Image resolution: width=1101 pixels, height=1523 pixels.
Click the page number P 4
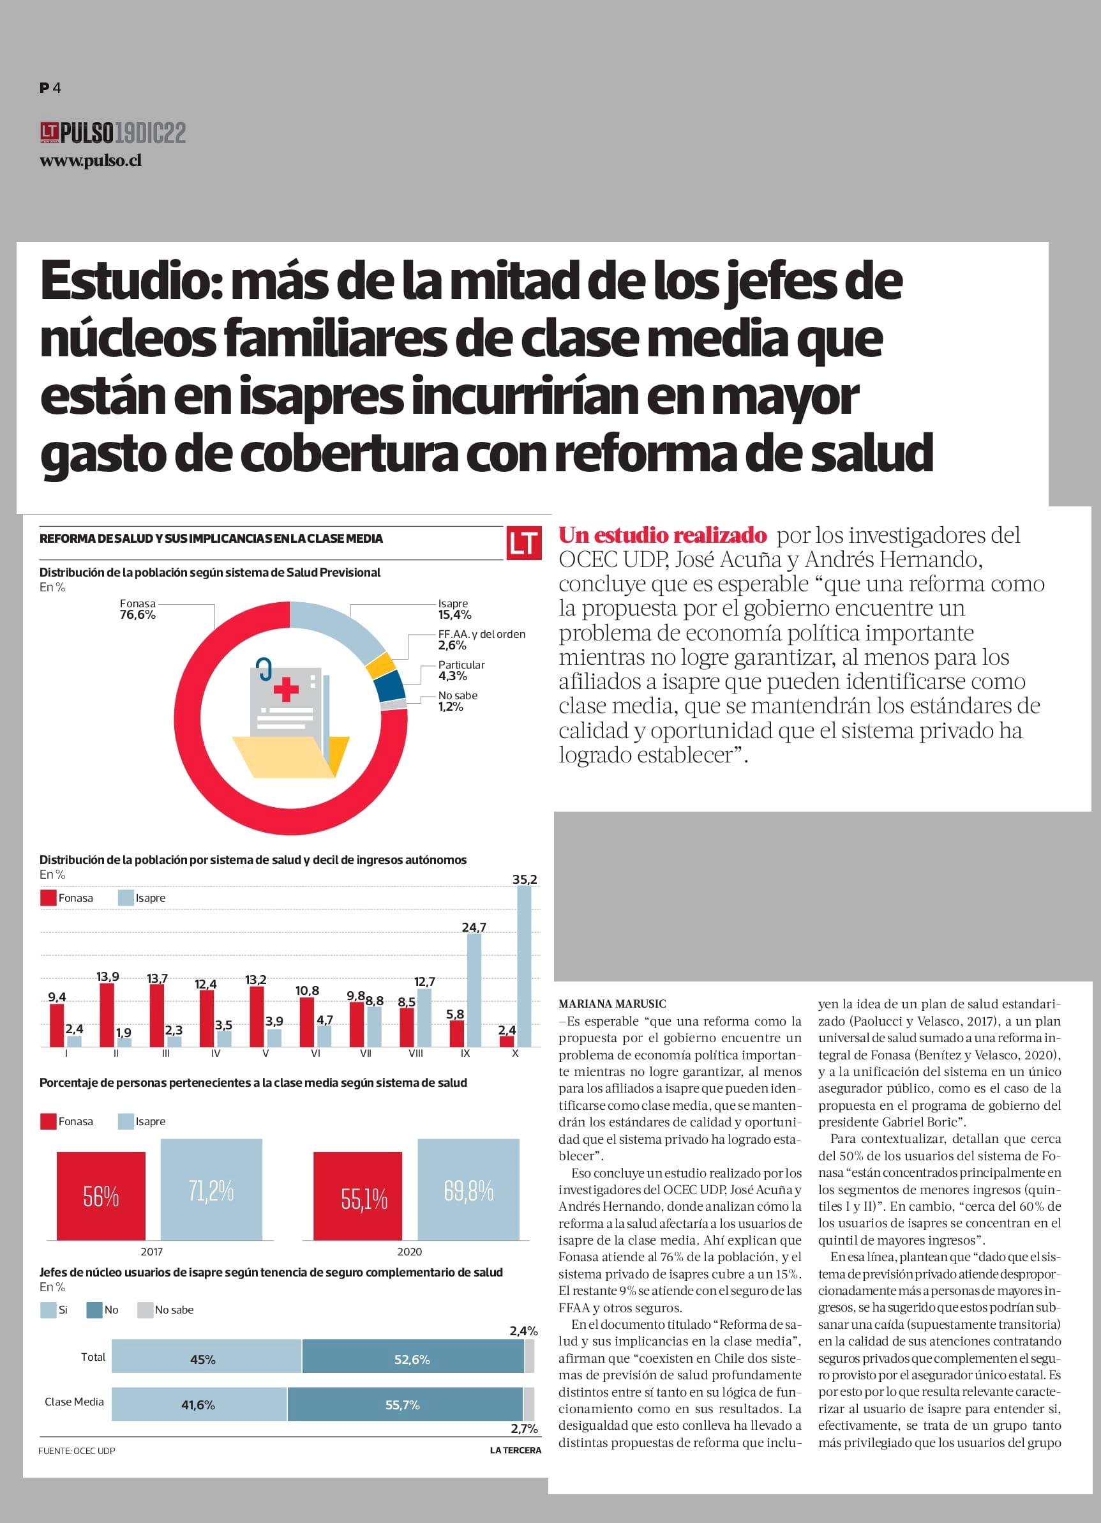50,88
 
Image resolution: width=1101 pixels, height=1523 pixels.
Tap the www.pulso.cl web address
91,161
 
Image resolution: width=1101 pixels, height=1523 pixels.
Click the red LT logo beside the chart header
523,543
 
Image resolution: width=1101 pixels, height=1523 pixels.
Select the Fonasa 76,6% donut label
138,610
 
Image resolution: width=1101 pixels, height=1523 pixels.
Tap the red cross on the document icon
286,690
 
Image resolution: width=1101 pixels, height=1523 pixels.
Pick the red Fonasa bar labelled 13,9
107,1015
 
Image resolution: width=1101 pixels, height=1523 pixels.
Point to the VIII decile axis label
416,1054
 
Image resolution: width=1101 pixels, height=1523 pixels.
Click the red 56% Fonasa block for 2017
101,1196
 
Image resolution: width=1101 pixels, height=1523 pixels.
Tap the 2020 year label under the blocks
410,1252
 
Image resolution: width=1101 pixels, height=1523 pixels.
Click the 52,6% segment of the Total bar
412,1360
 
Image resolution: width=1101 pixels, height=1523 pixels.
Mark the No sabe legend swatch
145,1310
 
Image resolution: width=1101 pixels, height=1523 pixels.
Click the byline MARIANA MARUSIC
612,1004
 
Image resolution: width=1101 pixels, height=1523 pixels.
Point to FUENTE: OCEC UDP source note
77,1450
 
